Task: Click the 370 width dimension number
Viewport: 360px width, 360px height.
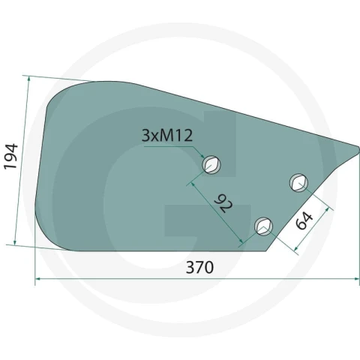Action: [x=199, y=267]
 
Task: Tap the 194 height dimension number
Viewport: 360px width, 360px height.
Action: [x=11, y=157]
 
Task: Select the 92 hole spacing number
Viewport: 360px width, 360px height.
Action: [x=223, y=202]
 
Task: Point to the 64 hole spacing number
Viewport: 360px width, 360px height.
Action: [x=304, y=220]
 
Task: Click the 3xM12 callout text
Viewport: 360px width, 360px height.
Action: [x=167, y=136]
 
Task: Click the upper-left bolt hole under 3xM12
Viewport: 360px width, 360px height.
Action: [x=211, y=164]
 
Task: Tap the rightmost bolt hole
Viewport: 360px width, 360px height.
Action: [x=298, y=182]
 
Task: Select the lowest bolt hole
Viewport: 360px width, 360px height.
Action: [x=263, y=226]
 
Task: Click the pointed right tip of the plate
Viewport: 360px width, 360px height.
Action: [x=359, y=148]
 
